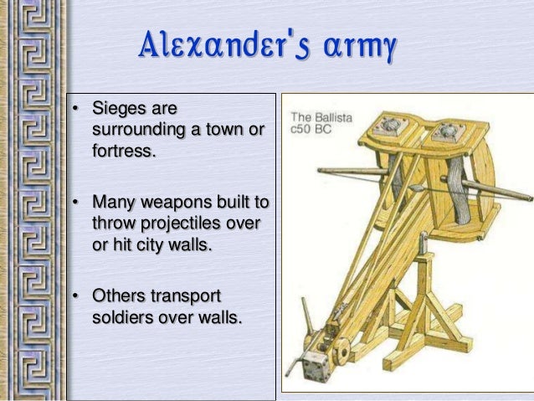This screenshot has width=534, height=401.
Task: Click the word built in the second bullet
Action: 222,203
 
